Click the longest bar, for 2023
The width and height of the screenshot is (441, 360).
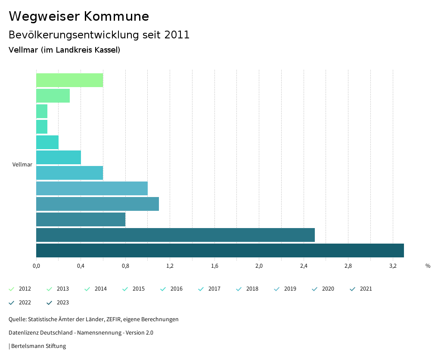point(220,250)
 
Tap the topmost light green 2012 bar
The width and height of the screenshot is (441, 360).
point(69,80)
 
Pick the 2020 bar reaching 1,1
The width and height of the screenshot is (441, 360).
point(97,204)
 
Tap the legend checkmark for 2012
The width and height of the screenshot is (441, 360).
point(12,289)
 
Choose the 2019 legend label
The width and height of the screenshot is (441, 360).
point(290,289)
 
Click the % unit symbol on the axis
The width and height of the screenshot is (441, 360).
point(428,266)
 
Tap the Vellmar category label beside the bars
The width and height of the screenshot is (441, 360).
point(22,165)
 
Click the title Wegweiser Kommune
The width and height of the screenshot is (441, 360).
point(79,16)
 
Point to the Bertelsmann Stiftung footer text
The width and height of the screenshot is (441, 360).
point(38,346)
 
